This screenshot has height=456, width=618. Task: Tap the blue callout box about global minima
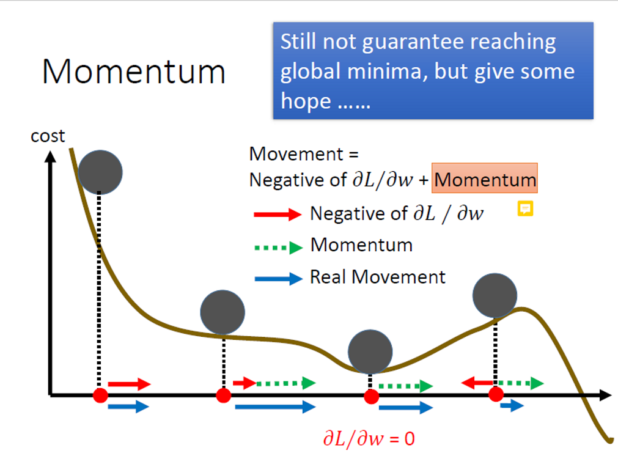433,71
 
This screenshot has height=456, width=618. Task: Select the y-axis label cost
48,136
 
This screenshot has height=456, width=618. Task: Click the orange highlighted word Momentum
485,180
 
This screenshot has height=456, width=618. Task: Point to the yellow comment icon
525,209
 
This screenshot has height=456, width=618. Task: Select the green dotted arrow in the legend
278,247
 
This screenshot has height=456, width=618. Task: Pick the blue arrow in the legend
278,279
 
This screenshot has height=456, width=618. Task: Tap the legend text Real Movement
378,277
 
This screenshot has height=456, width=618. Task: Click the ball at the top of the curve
100,172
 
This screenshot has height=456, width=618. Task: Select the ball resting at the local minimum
370,351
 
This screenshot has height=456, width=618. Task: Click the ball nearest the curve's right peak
495,295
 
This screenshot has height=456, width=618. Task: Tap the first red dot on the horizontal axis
100,396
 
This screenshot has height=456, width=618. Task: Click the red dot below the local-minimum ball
371,397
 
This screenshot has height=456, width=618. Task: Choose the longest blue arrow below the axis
276,406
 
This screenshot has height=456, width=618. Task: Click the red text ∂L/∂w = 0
369,438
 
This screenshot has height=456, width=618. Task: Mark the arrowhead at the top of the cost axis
51,155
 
